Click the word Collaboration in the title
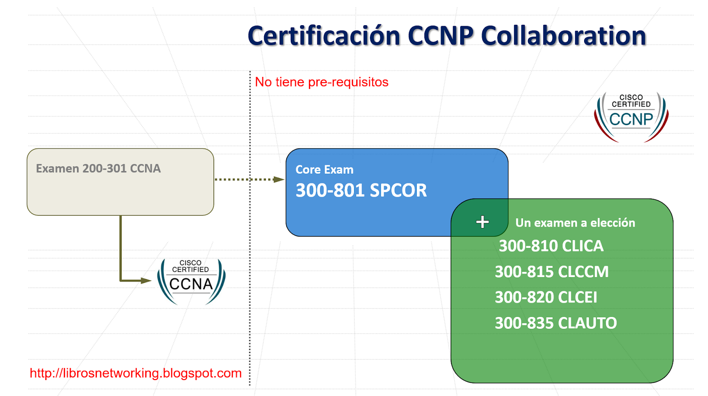pos(563,36)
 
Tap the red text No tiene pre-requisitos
pos(322,82)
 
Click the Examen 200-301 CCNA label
pos(98,168)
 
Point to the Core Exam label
pos(324,170)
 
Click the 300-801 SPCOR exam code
pos(361,190)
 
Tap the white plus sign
pos(482,222)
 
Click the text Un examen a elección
pos(575,223)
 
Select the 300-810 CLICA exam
pos(551,246)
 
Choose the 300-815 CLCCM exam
pos(551,272)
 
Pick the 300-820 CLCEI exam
pos(546,297)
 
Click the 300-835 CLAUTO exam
pos(555,323)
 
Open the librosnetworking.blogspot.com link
pos(135,373)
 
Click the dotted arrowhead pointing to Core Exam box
pos(279,179)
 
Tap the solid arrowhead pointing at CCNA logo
pos(146,281)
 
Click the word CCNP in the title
pos(440,36)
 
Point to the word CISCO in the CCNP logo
pos(631,97)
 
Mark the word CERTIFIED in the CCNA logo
pos(190,270)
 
